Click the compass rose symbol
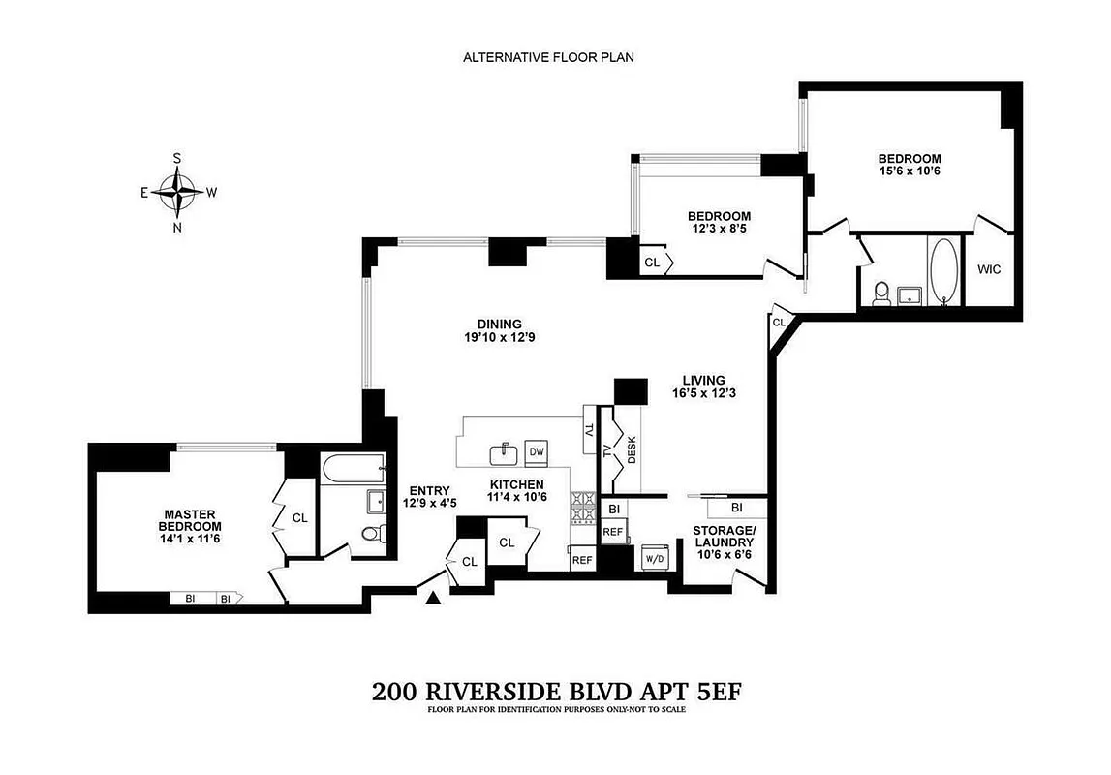tap(177, 192)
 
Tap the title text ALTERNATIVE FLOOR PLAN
tap(548, 57)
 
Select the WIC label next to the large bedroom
tap(988, 269)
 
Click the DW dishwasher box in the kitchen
tap(536, 452)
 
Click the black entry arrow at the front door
tap(433, 600)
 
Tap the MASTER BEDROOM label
tap(190, 520)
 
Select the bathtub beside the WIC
tap(941, 271)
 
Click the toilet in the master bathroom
tap(371, 533)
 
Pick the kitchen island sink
tap(503, 453)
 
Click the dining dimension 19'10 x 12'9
tap(499, 338)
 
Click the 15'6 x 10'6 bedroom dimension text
tap(909, 171)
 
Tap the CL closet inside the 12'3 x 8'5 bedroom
tap(651, 262)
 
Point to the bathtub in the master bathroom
tap(352, 468)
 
